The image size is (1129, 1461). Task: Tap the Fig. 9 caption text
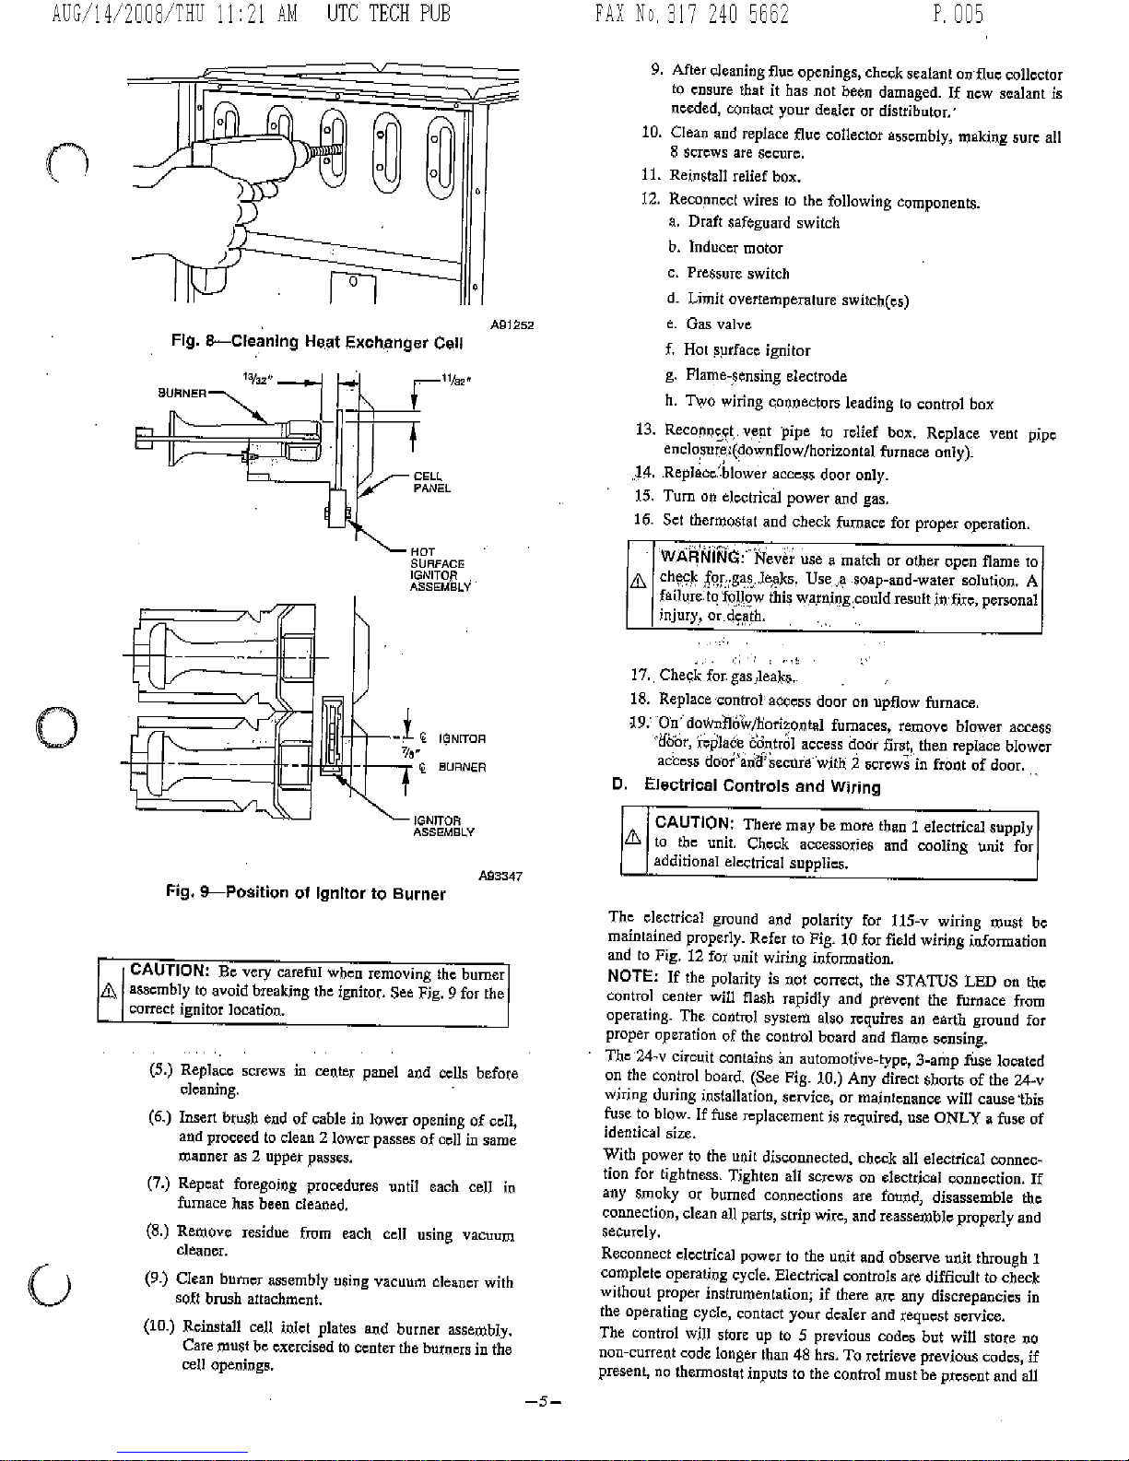(x=305, y=893)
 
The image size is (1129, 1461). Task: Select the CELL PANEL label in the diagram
(x=431, y=482)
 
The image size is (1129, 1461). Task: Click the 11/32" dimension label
(x=455, y=376)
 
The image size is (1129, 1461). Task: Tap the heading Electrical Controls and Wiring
(x=761, y=786)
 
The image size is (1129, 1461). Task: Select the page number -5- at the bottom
(x=543, y=1401)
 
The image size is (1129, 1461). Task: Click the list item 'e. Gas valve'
(x=710, y=324)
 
